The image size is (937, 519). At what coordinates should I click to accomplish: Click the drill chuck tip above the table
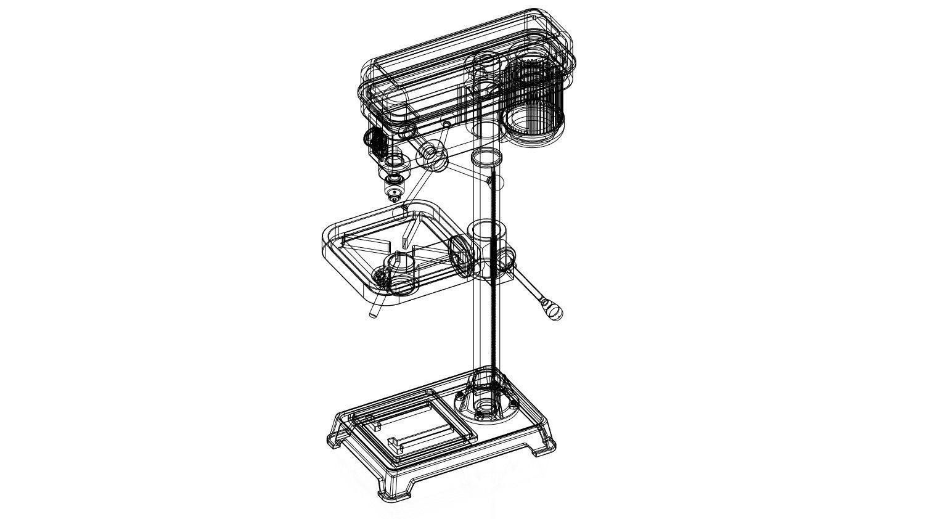coord(394,198)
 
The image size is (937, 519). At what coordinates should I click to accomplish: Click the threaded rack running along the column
coord(493,277)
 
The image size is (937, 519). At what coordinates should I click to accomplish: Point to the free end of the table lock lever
coord(373,314)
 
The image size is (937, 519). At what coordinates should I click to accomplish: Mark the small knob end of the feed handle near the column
coord(489,181)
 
